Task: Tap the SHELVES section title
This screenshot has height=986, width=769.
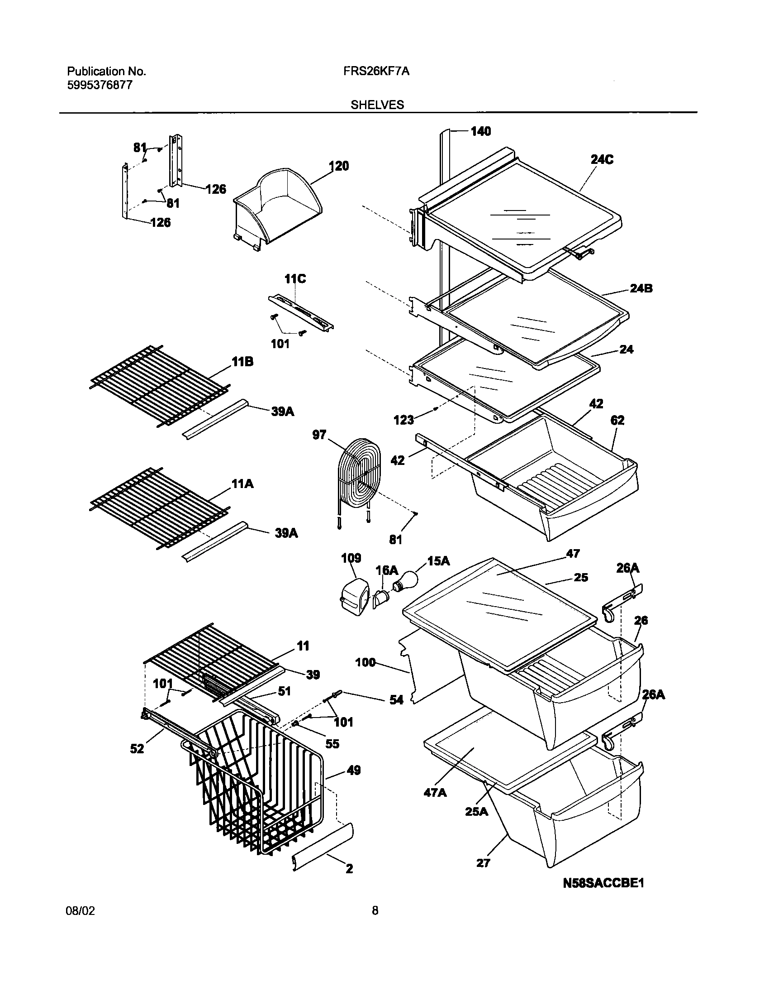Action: pos(377,105)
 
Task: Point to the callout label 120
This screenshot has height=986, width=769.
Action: pos(339,166)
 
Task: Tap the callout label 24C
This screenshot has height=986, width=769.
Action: pos(602,160)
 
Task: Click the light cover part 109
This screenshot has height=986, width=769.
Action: pos(354,594)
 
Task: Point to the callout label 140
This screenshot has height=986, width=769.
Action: pos(480,131)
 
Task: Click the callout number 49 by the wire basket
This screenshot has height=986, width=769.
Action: pos(353,770)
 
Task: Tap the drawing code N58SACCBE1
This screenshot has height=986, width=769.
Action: pos(603,883)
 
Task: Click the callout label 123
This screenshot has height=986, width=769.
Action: pos(403,420)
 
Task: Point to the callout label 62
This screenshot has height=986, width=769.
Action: pos(617,420)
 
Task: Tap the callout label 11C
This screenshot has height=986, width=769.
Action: pos(295,279)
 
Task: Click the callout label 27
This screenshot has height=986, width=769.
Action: pos(483,863)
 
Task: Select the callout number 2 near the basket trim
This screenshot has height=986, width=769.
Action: pos(349,868)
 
